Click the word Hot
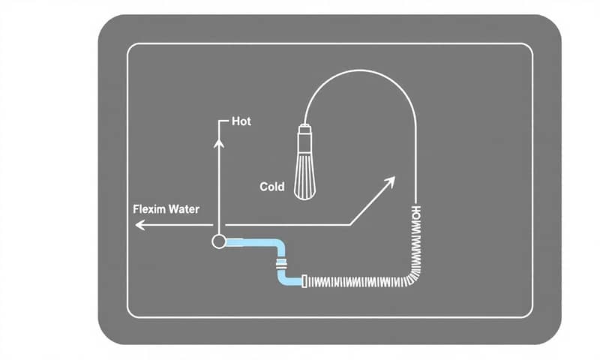[241, 121]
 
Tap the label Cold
[271, 186]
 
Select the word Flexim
[148, 209]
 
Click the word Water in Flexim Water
[183, 209]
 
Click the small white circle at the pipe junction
[218, 241]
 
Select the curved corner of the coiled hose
[410, 275]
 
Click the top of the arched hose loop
[360, 70]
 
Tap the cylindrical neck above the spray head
[305, 139]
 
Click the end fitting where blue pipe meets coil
[303, 282]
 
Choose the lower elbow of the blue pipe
[284, 279]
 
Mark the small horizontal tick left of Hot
[223, 121]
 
